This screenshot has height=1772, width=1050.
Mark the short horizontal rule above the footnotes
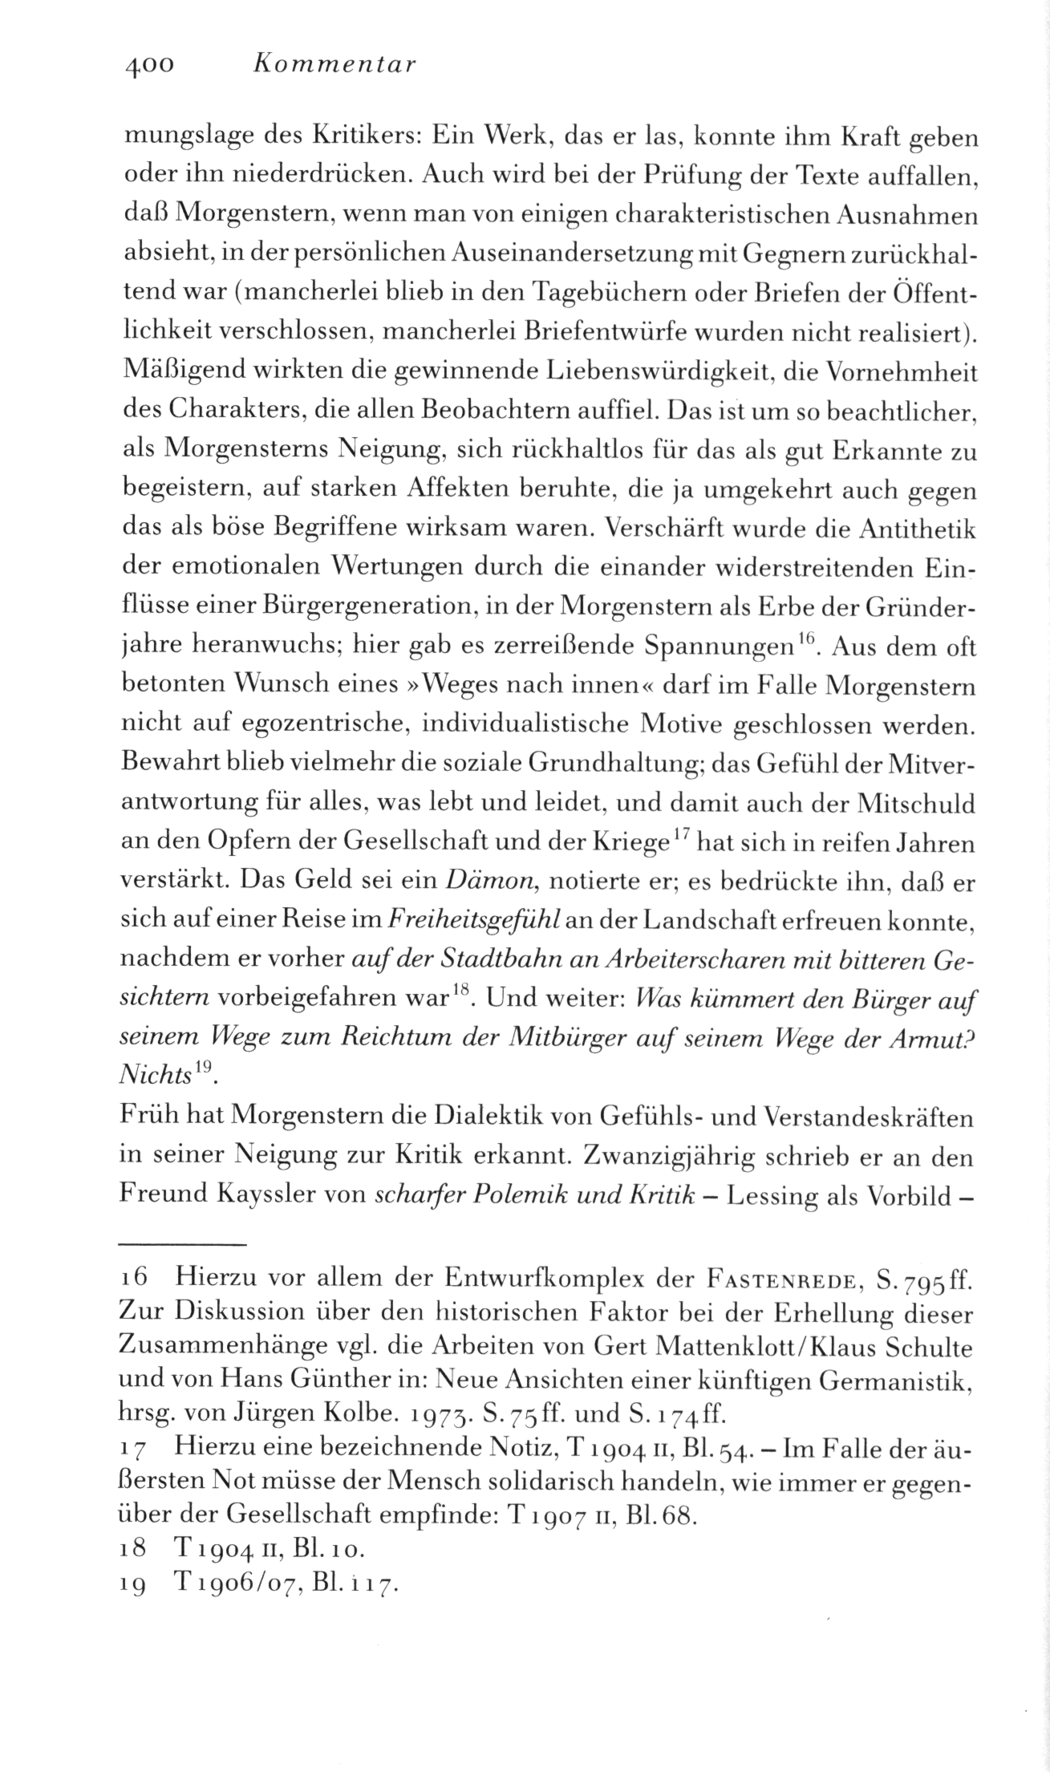pos(181,1244)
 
